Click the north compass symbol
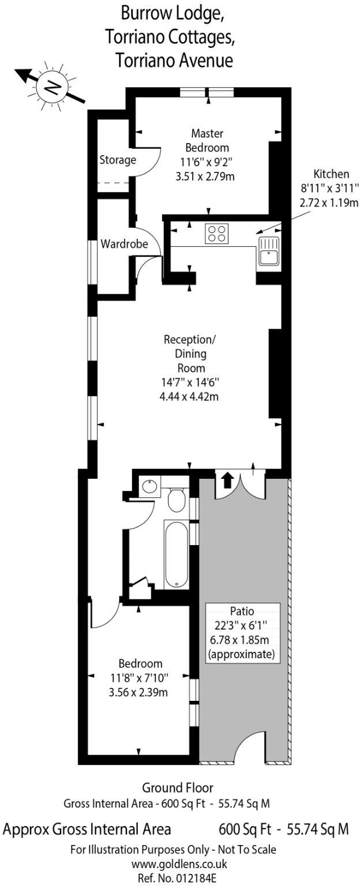53,87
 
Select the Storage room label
118,160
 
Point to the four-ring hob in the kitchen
216,234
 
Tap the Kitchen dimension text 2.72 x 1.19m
329,202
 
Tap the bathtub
176,554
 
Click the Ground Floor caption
178,787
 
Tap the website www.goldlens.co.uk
179,864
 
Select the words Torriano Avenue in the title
174,59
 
